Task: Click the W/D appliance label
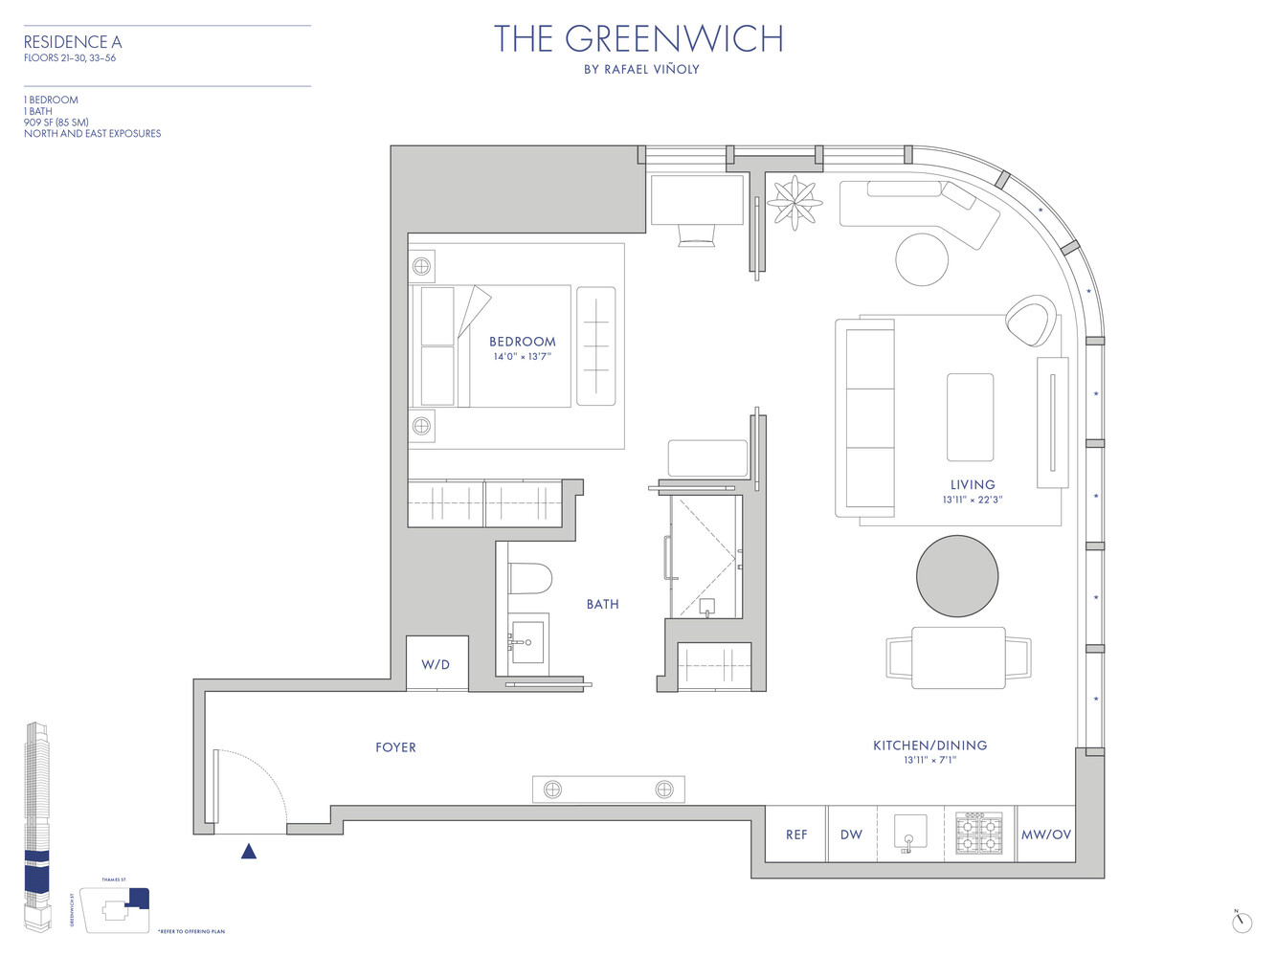coord(436,664)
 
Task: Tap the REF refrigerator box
coord(795,835)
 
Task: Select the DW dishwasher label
coord(851,835)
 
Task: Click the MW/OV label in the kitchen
coord(1045,835)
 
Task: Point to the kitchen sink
coord(910,833)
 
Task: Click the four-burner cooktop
coord(979,834)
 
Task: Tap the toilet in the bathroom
coord(530,578)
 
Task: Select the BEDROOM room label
coord(522,342)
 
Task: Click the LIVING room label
coord(973,484)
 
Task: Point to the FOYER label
coord(395,747)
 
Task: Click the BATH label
coord(602,604)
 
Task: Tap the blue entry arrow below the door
coord(249,851)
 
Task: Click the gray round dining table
coord(957,576)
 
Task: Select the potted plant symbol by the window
coord(795,203)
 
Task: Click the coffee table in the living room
coord(970,417)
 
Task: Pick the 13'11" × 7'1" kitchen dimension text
coord(929,760)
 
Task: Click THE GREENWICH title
coord(638,39)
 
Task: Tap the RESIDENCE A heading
coord(73,42)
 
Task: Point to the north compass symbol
coord(1242,922)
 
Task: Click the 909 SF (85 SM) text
coord(56,122)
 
